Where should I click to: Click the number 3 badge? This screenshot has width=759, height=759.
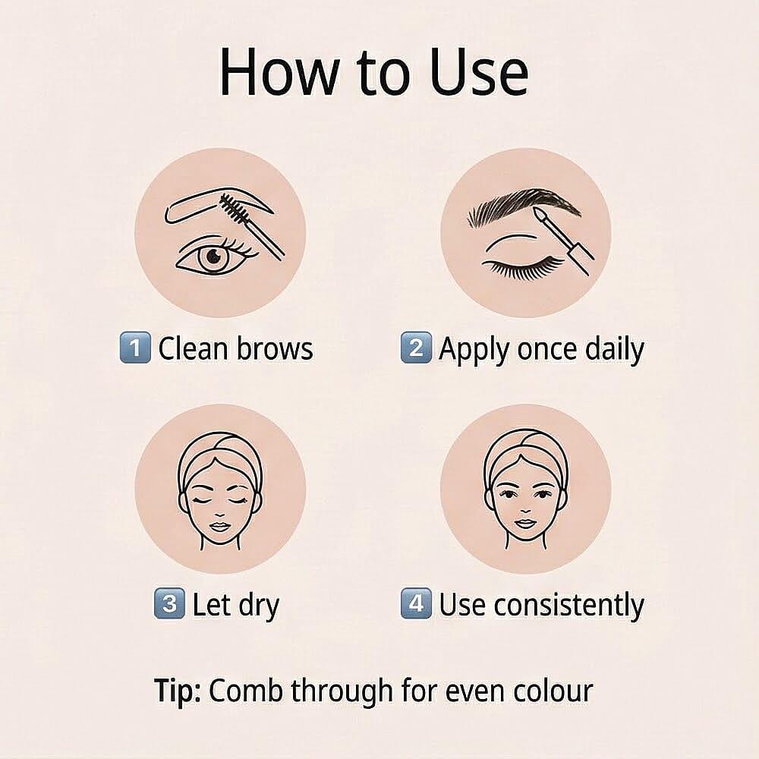[168, 604]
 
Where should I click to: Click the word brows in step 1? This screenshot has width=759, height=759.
[274, 349]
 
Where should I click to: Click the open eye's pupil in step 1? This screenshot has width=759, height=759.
[213, 256]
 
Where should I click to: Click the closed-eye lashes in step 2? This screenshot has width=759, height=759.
[524, 267]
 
